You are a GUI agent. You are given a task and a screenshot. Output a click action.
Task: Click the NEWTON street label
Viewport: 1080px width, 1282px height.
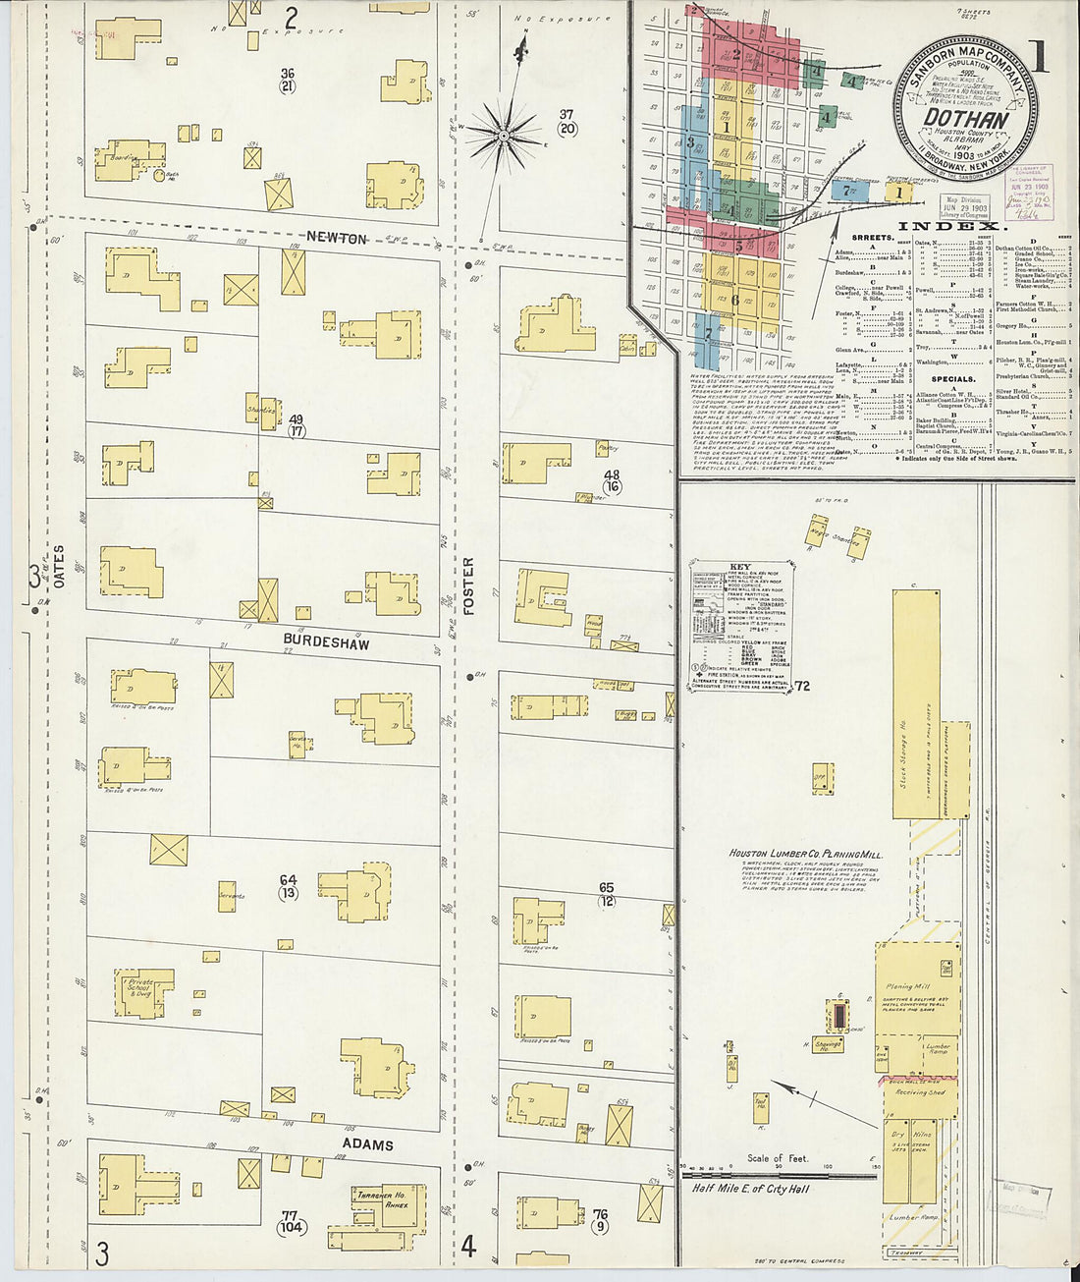[x=337, y=238]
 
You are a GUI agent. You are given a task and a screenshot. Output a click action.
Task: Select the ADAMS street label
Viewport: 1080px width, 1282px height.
[x=367, y=1144]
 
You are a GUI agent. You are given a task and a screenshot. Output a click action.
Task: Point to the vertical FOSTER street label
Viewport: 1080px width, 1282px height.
[x=468, y=585]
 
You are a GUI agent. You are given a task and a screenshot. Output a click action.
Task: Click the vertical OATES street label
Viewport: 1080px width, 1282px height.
[x=59, y=567]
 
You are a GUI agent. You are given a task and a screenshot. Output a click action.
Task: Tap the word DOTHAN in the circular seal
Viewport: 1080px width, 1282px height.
[x=966, y=120]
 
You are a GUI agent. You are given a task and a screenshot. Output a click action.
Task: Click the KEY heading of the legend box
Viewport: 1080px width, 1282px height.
[x=739, y=568]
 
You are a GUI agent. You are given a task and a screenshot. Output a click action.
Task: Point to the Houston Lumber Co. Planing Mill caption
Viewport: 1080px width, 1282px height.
[x=805, y=854]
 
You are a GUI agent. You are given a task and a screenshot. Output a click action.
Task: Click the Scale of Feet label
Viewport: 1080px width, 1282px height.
[x=778, y=1158]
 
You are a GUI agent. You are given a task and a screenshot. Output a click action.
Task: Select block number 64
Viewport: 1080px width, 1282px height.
[x=288, y=880]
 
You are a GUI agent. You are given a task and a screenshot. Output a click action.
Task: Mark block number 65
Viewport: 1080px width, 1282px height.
[x=606, y=888]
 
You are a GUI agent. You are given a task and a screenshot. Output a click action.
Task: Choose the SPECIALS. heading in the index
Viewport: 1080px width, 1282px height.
[x=953, y=378]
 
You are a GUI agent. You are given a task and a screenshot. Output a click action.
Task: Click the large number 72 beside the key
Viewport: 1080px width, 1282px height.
[x=803, y=686]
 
